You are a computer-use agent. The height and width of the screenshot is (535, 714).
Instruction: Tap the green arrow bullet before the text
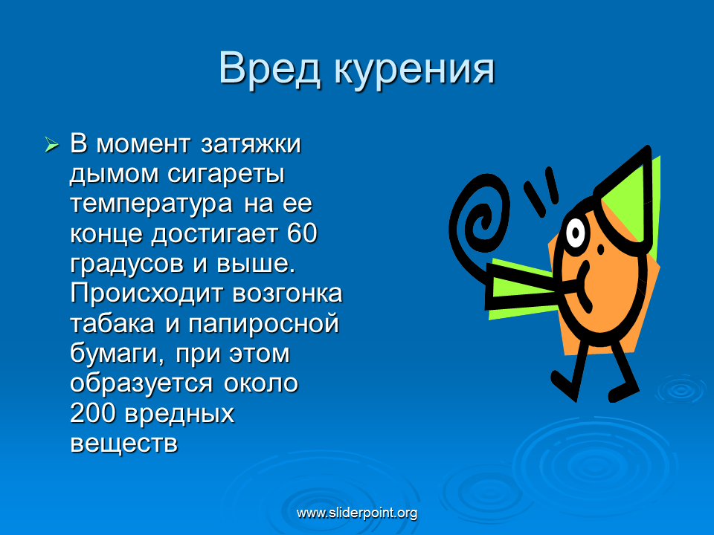pyautogui.click(x=51, y=145)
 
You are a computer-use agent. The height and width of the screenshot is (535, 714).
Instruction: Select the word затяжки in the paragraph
pyautogui.click(x=251, y=143)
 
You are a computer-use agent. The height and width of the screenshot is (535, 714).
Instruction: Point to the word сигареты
pyautogui.click(x=226, y=175)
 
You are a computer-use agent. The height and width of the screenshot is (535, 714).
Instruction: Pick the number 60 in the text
pyautogui.click(x=302, y=233)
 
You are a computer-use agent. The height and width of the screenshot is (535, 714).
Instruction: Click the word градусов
pyautogui.click(x=127, y=265)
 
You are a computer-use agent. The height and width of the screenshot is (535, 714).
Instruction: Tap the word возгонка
pyautogui.click(x=287, y=294)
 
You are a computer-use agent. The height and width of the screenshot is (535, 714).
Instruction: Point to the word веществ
pyautogui.click(x=124, y=444)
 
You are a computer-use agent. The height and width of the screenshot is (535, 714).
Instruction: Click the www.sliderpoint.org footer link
pyautogui.click(x=357, y=513)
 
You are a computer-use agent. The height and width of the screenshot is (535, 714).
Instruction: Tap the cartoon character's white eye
pyautogui.click(x=576, y=233)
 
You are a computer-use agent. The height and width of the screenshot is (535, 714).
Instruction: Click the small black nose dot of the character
pyautogui.click(x=601, y=250)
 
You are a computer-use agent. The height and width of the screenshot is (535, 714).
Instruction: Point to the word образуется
pyautogui.click(x=141, y=384)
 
